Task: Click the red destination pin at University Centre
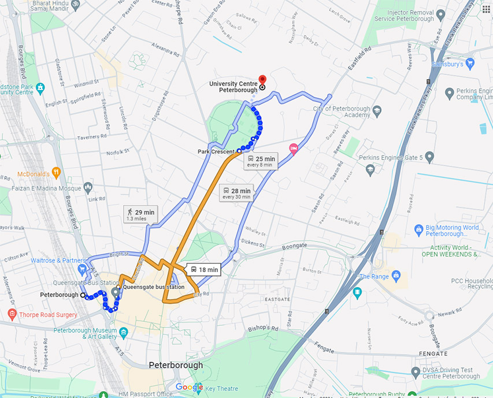coord(261,80)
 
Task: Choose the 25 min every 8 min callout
coord(261,161)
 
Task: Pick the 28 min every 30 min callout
coord(237,194)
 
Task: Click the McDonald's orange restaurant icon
coord(56,172)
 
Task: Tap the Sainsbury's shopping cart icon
coord(470,62)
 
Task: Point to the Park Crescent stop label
coord(216,151)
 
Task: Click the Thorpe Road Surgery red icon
coord(12,315)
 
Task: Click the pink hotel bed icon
coord(294,149)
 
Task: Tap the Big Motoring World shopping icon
coord(419,230)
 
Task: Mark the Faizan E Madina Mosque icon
coord(88,187)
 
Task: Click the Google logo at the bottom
coord(190,387)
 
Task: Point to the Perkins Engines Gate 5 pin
coord(370,169)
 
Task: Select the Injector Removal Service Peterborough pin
coord(441,14)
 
